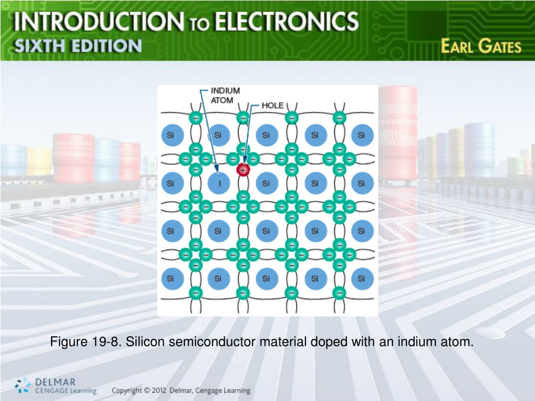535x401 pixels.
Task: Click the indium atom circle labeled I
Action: click(219, 183)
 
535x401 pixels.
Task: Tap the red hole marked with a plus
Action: click(243, 170)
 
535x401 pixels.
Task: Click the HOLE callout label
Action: click(272, 105)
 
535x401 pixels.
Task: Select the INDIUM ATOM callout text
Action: click(225, 96)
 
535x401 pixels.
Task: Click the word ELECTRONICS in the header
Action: click(286, 21)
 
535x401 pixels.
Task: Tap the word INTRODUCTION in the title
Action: click(99, 21)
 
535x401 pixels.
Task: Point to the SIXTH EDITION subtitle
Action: click(78, 46)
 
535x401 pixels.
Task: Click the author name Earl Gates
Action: click(481, 46)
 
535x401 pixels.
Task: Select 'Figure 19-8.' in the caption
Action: click(86, 341)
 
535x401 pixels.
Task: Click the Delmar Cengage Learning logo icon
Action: click(23, 385)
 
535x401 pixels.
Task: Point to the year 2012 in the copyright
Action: click(159, 391)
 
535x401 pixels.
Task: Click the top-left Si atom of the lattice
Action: click(171, 135)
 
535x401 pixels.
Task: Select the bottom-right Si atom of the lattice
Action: click(362, 279)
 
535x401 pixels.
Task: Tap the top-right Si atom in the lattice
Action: click(362, 135)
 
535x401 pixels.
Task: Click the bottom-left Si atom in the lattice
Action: click(171, 279)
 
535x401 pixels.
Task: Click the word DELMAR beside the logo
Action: click(55, 382)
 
